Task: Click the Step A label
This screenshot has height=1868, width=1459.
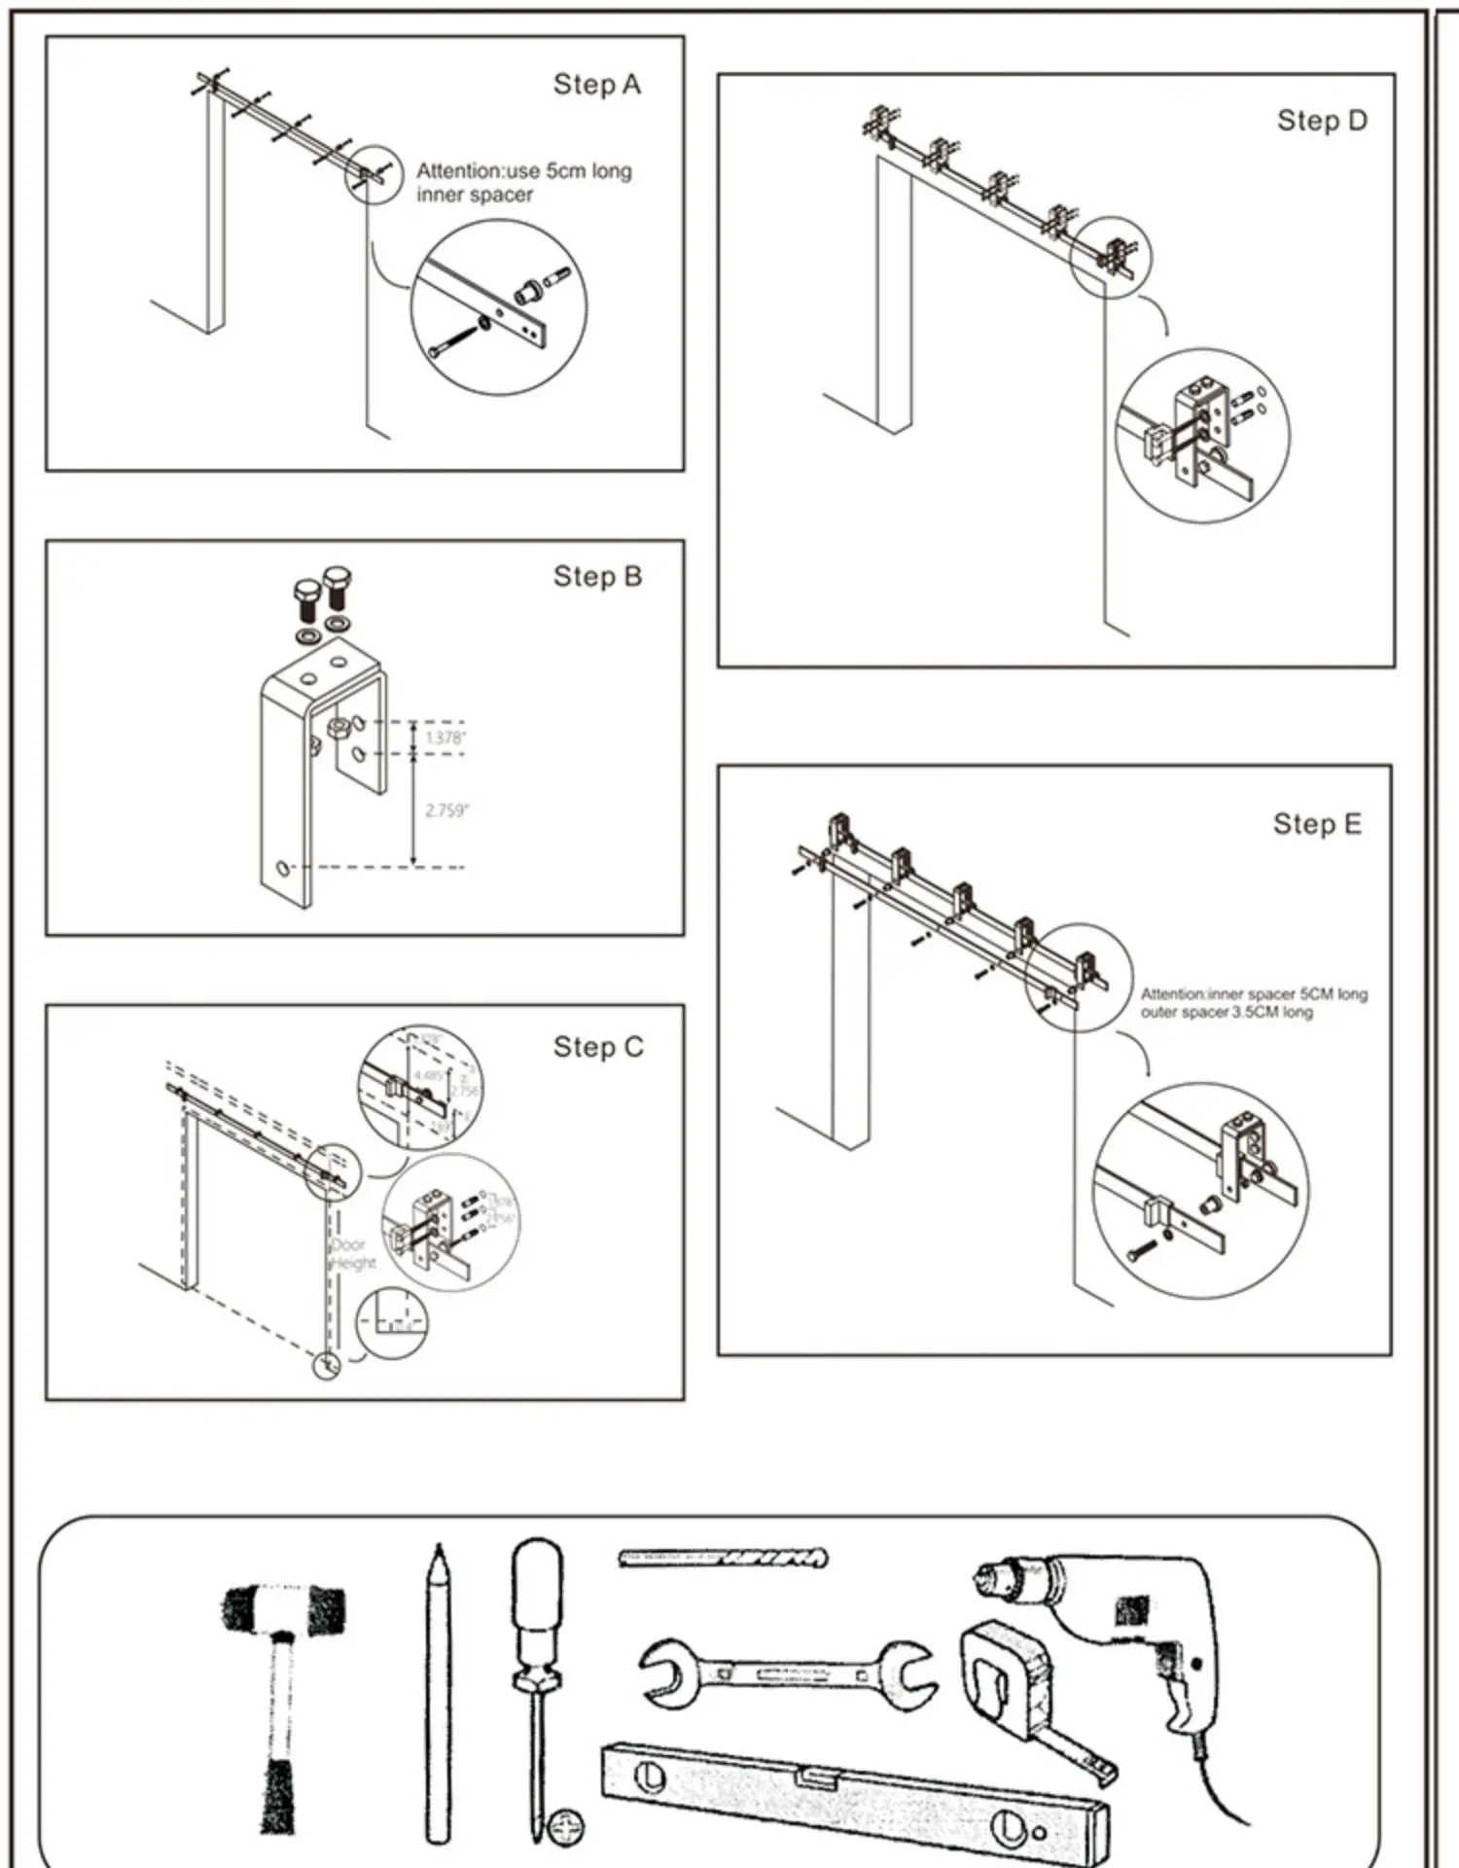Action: tap(596, 86)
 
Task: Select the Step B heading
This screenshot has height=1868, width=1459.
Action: tap(597, 577)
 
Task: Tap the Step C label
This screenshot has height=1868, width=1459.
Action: tap(598, 1048)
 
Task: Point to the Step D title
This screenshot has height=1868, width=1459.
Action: tap(1322, 122)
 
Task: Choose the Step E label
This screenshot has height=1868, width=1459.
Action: tap(1317, 825)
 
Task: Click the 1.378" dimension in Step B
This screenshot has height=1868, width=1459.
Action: tap(445, 738)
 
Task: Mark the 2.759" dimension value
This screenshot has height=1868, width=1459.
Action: tap(446, 810)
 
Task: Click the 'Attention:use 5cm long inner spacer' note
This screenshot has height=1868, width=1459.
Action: tap(523, 183)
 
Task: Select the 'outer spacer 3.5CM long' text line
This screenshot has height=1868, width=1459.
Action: tap(1227, 1013)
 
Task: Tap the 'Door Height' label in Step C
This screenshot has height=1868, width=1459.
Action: tap(351, 1254)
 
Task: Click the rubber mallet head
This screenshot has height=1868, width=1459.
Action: tap(283, 1608)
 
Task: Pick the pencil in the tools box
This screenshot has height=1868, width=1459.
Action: tap(438, 1693)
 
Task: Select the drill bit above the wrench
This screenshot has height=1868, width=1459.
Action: tap(723, 1558)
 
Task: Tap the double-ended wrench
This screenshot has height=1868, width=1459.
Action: tap(788, 1673)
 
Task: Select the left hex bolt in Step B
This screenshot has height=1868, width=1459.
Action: tap(306, 598)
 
